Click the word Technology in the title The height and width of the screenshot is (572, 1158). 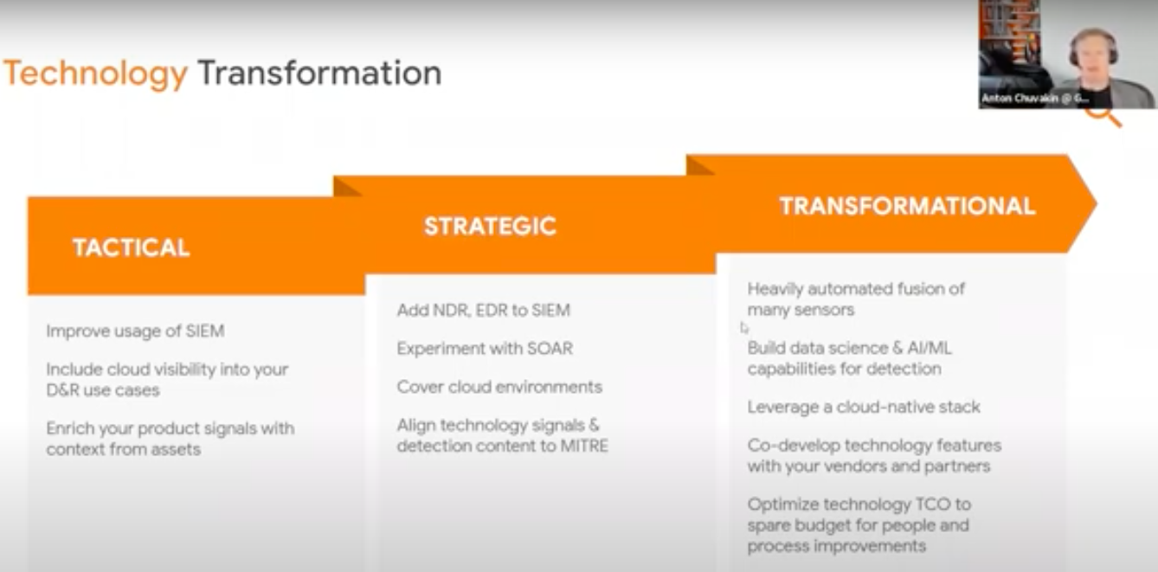coord(96,74)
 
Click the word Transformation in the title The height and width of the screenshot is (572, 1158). coord(320,73)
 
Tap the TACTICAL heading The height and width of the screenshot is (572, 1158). coord(132,247)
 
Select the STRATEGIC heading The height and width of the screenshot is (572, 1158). coord(490,226)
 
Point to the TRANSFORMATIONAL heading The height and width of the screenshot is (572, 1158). coord(907,206)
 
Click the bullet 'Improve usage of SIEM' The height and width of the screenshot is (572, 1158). coord(135,331)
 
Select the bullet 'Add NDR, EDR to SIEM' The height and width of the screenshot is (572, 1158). coord(483,310)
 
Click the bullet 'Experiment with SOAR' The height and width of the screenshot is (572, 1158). coord(485,348)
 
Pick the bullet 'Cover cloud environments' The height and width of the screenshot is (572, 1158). coord(499,387)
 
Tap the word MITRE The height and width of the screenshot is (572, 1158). coord(584,446)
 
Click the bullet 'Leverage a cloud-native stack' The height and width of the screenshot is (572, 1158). coord(864,407)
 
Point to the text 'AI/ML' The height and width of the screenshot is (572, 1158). coord(930,348)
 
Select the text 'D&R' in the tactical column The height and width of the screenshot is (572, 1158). coord(62,389)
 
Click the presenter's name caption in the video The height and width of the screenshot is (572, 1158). coord(1035,98)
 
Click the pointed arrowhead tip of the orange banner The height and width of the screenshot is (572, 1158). coord(1096,203)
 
